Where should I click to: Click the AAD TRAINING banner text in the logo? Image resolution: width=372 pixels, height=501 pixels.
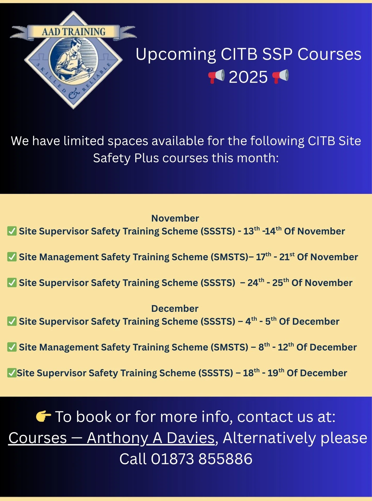pos(74,32)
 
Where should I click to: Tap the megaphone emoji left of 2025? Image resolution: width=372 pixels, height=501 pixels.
pos(216,76)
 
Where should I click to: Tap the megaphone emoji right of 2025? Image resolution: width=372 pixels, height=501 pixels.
pos(280,76)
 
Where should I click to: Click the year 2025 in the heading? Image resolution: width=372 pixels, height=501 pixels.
pos(248,77)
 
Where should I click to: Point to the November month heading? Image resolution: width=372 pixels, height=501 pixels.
pos(175,218)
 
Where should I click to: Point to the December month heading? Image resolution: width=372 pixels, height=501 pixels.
pos(175,309)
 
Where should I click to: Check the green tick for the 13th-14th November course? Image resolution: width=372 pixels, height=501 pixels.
pos(12,231)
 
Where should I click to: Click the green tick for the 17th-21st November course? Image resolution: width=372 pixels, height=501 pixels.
pos(12,257)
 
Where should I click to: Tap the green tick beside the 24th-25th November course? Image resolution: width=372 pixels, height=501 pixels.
pos(12,283)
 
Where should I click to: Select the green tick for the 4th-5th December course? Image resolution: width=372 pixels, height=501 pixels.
pos(12,321)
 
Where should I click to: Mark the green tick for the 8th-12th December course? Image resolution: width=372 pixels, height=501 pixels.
pos(12,347)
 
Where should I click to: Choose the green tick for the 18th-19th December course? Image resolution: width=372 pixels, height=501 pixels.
pos(12,373)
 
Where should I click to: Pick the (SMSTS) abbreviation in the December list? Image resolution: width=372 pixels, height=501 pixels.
pos(229,347)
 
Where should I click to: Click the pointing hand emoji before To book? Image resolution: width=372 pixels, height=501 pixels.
pos(43,416)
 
